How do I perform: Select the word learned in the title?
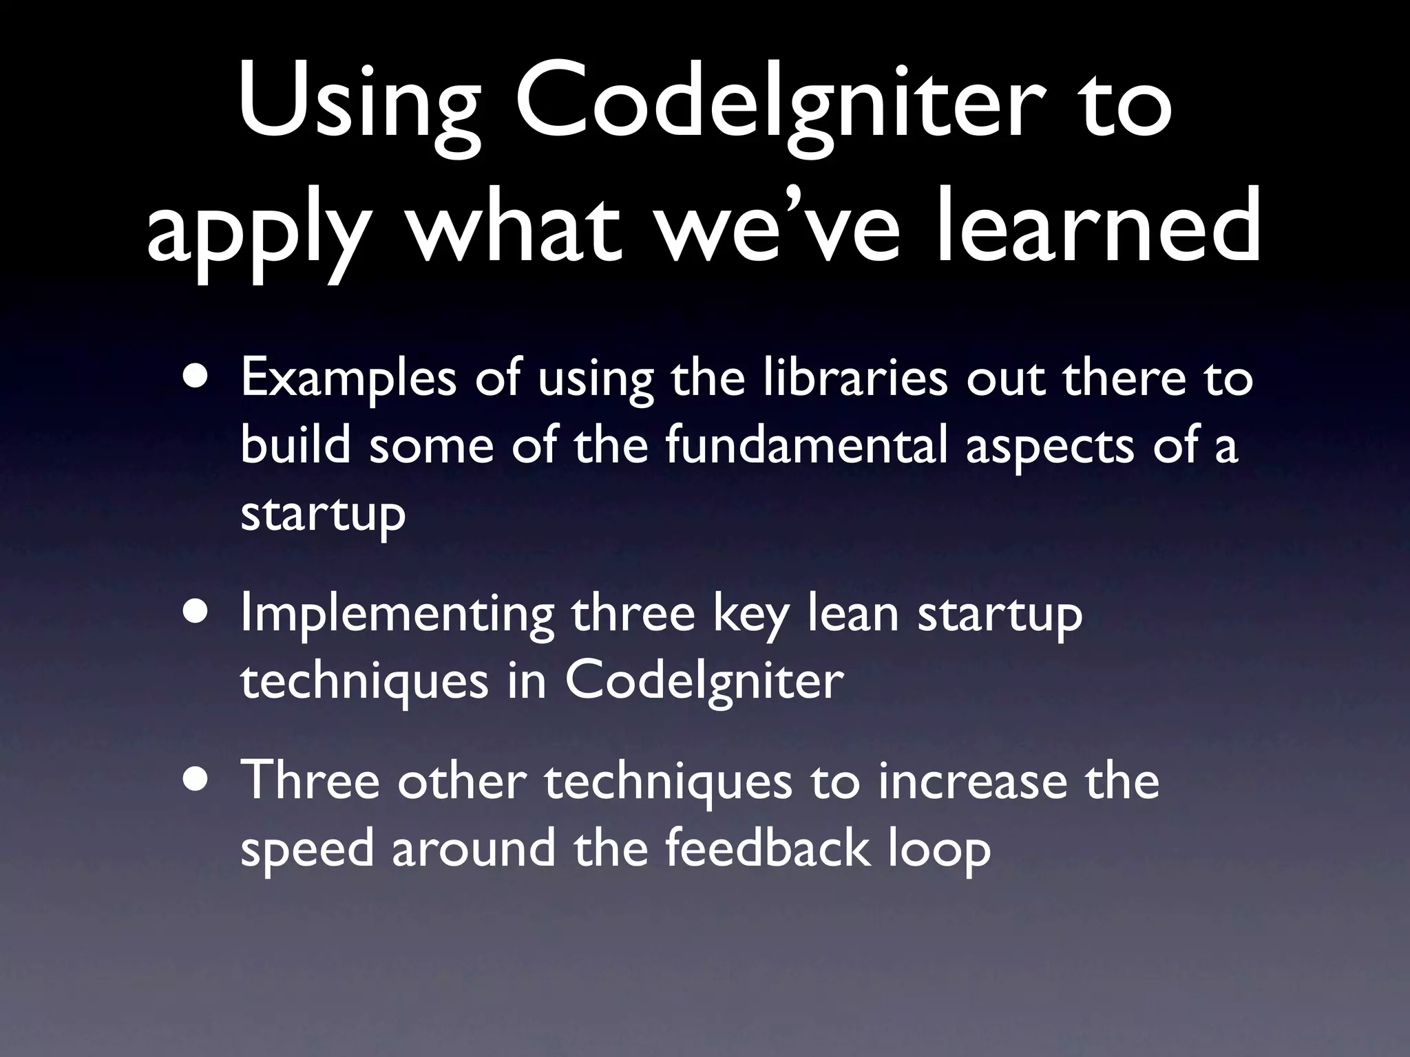coord(1099,227)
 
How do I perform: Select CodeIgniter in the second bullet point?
coord(704,681)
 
